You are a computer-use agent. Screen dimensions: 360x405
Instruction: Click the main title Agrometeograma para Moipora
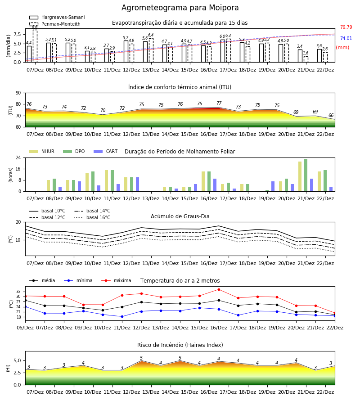click(180, 8)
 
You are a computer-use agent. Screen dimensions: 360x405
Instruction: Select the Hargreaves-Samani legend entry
click(57, 17)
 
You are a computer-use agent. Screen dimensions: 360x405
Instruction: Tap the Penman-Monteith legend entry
click(55, 24)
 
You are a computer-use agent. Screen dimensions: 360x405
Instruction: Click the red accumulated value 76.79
click(346, 27)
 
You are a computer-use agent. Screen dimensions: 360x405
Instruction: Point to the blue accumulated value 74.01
click(346, 38)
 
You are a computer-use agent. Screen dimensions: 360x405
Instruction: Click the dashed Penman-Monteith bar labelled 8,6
click(35, 46)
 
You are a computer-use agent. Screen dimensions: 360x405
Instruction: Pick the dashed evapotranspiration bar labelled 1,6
click(306, 59)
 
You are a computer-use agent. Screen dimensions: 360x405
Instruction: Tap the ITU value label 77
click(219, 103)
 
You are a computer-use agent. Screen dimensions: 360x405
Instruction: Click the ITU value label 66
click(331, 115)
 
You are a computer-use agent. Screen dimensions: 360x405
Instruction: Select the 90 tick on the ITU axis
click(18, 93)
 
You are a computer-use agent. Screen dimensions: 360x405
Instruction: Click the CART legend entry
click(105, 151)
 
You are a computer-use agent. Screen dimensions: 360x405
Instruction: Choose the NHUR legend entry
click(41, 151)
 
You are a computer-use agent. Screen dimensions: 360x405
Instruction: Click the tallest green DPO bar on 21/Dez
click(306, 175)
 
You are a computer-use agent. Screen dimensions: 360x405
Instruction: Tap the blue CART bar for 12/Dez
click(137, 184)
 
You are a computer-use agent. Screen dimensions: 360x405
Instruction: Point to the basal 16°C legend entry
click(92, 217)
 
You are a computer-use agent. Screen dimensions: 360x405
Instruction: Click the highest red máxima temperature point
click(219, 289)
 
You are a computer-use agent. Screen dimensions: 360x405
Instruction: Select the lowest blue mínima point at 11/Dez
click(122, 316)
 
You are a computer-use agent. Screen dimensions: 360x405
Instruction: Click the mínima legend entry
click(78, 280)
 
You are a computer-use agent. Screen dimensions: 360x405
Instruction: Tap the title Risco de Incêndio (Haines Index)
click(180, 345)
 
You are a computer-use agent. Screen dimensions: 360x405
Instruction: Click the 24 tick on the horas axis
click(18, 157)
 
